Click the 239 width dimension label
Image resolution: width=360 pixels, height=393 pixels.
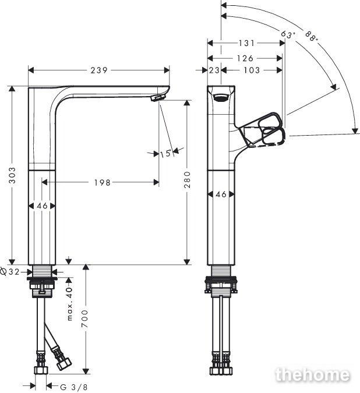point(99,70)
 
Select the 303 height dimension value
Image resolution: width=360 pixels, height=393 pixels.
point(12,175)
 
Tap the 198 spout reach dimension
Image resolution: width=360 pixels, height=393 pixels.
point(103,182)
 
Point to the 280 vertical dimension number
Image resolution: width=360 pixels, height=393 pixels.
point(187,179)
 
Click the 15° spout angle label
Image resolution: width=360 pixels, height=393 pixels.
point(166,153)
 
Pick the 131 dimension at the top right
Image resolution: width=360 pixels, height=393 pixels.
point(246,43)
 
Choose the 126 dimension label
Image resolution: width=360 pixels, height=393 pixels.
point(245,58)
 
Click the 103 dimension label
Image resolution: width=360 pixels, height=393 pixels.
point(252,70)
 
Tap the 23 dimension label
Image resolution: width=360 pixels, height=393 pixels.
point(214,70)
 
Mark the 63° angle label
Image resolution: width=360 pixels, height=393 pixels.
point(287,34)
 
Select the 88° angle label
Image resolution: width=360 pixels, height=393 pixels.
point(312,36)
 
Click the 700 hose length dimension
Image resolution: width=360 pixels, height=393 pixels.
point(86,318)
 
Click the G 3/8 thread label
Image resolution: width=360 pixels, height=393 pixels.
point(74,387)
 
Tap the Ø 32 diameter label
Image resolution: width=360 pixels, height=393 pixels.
point(10,271)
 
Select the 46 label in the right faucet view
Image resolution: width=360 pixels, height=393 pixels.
point(221,194)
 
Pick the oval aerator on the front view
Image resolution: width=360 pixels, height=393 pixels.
point(221,97)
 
